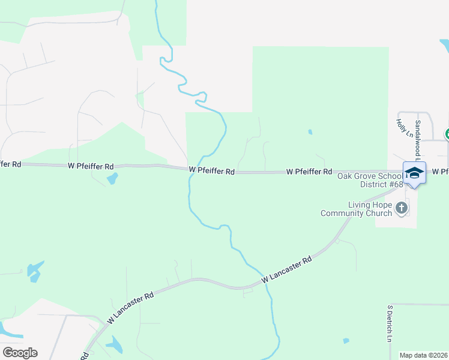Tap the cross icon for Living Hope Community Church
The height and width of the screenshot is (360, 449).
pyautogui.click(x=402, y=208)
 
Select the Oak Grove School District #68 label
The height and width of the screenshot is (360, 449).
pyautogui.click(x=370, y=180)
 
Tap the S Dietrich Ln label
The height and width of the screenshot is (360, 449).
pyautogui.click(x=389, y=323)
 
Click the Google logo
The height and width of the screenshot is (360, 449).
pyautogui.click(x=20, y=352)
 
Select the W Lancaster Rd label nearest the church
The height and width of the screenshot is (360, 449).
pyautogui.click(x=288, y=271)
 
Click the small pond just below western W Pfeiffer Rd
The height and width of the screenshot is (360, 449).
pyautogui.click(x=112, y=178)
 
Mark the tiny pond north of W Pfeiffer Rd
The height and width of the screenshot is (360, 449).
pyautogui.click(x=310, y=132)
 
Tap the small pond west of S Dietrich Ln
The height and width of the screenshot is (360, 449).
pyautogui.click(x=346, y=341)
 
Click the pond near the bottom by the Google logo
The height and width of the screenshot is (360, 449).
pyautogui.click(x=115, y=344)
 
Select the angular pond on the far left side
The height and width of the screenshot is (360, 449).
pyautogui.click(x=35, y=271)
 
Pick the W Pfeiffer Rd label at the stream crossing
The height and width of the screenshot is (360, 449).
pyautogui.click(x=211, y=171)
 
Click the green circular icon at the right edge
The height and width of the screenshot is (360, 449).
pyautogui.click(x=447, y=134)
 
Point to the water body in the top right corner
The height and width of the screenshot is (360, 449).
pyautogui.click(x=444, y=46)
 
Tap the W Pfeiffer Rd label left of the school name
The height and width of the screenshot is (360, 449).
pyautogui.click(x=309, y=172)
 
